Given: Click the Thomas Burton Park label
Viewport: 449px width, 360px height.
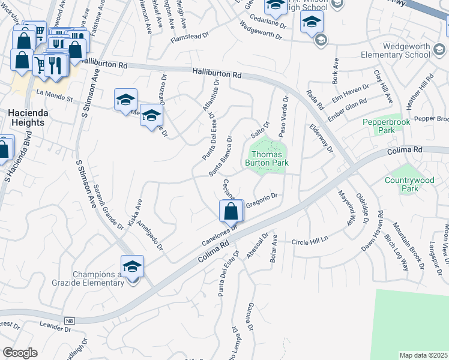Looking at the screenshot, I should tap(267, 158).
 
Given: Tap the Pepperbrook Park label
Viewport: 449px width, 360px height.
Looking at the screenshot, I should tap(379, 126).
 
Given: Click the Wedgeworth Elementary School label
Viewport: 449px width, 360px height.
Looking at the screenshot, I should tap(396, 50).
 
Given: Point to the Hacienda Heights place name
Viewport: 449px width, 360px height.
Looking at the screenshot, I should tap(26, 118).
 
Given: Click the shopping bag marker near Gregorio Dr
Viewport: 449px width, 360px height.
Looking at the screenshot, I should tap(231, 211).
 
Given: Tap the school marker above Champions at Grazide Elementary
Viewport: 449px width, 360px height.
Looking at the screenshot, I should tap(132, 266).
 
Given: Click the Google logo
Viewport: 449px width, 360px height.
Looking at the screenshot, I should tap(20, 353).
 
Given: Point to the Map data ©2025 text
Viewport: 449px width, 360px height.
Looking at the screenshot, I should tap(424, 355).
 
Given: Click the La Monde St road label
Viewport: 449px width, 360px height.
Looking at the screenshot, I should tap(54, 94).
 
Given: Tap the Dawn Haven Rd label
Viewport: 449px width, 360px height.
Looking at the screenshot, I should tap(372, 232).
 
